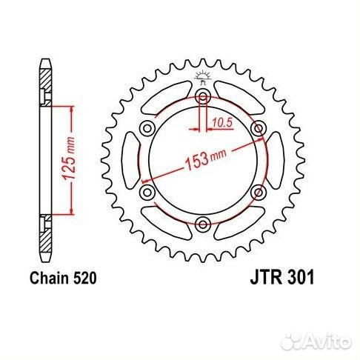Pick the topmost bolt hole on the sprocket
[203, 99]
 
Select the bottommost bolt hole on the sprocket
[203, 223]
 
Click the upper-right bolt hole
[258, 130]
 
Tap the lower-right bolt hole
[258, 193]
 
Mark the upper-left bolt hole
[147, 130]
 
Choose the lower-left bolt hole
[147, 193]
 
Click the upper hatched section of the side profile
[46, 78]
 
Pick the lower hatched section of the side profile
[46, 236]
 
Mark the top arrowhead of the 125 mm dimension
[71, 110]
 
